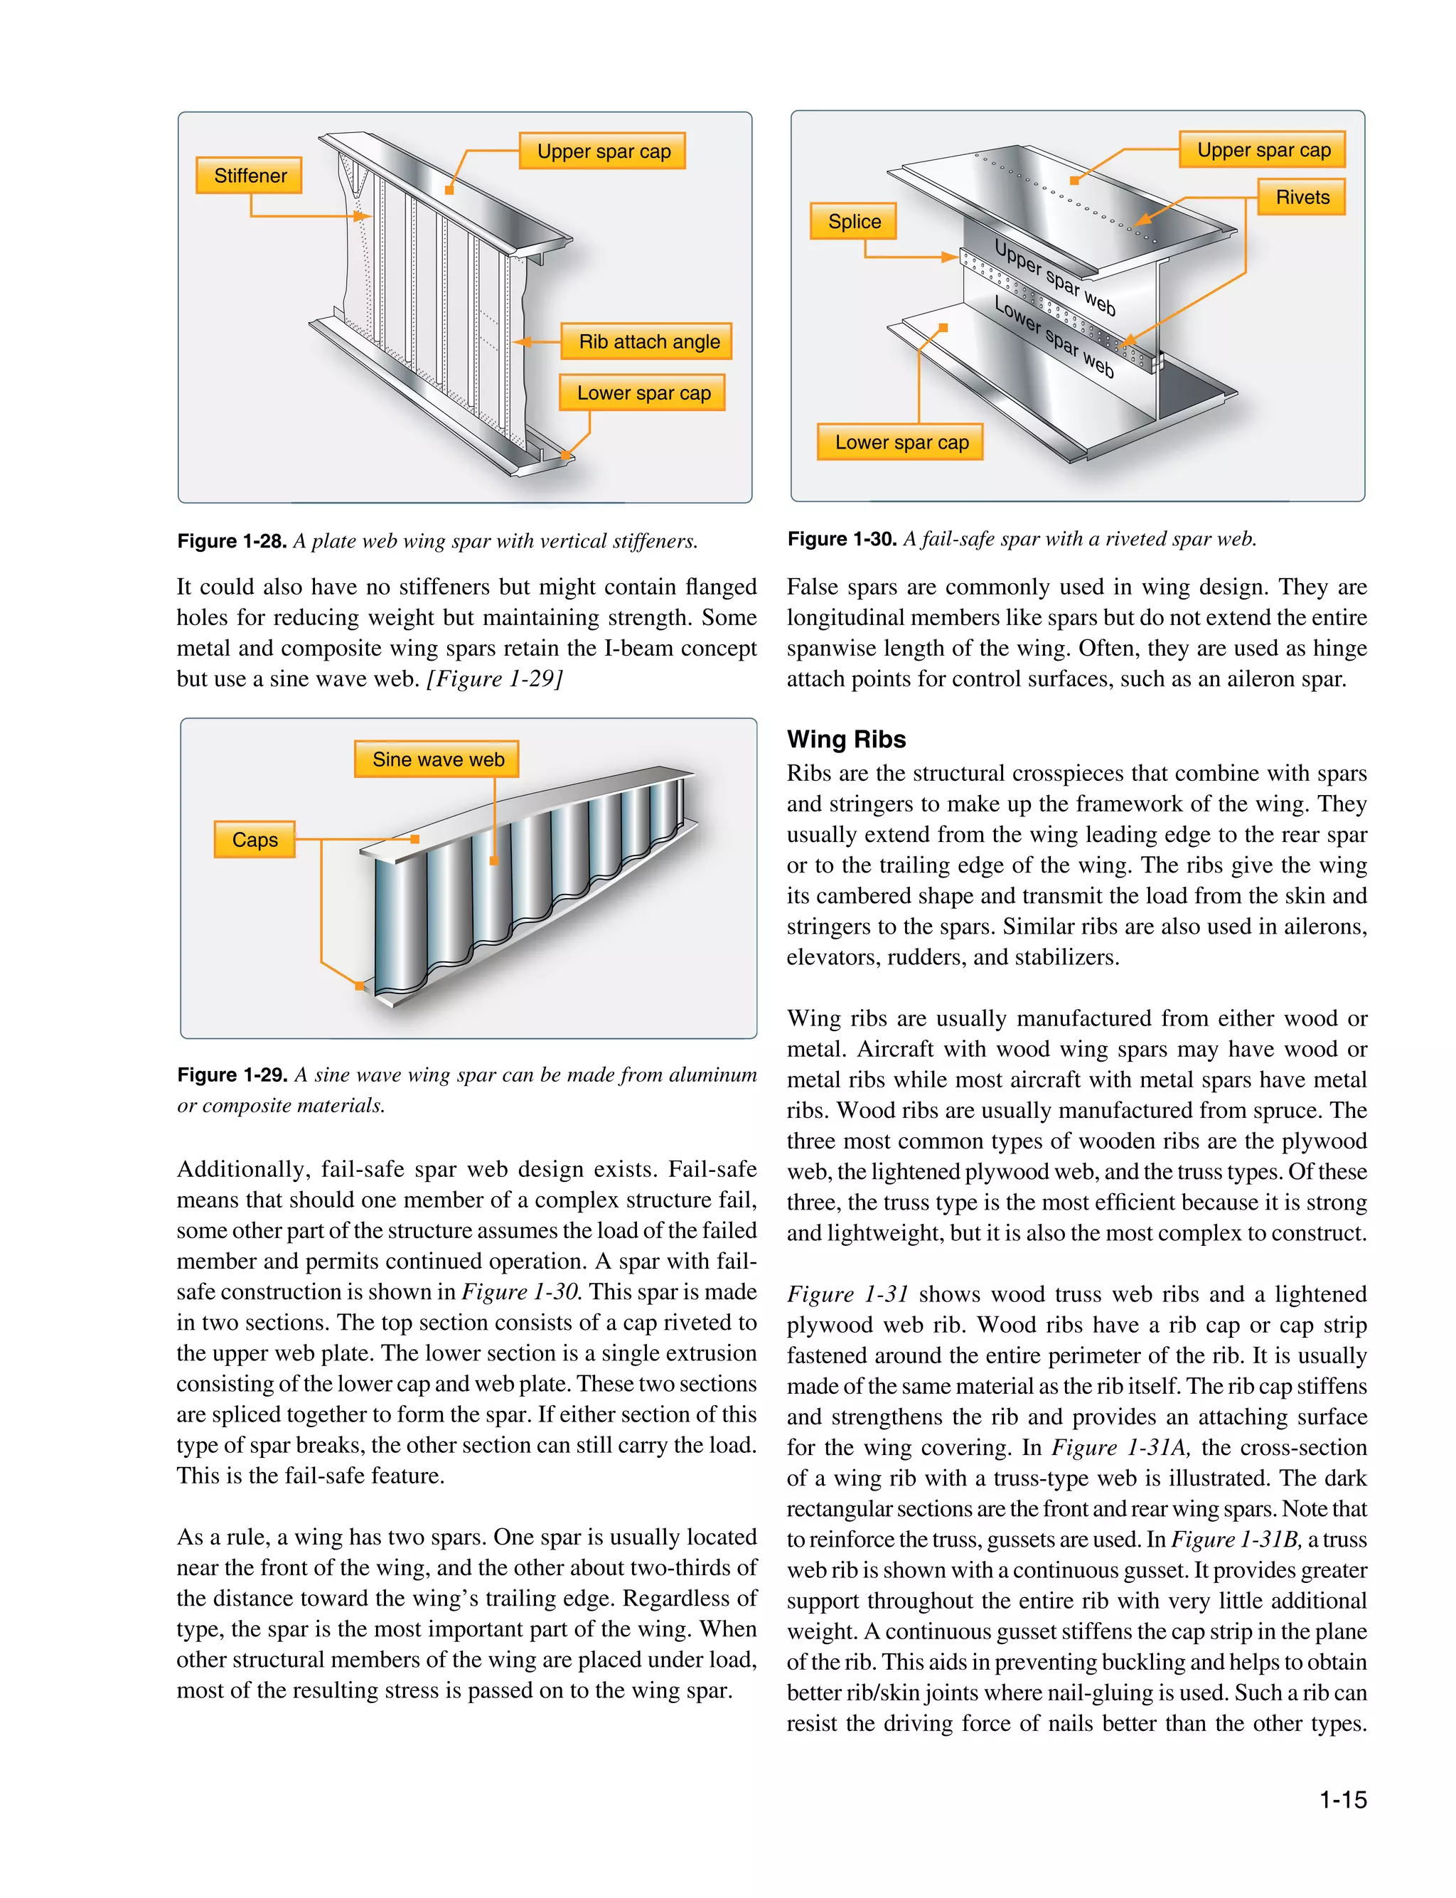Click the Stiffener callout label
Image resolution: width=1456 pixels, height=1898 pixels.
pos(249,176)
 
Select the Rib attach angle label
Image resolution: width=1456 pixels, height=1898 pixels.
pos(648,341)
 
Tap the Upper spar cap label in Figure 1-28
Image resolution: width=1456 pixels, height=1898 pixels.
pos(603,151)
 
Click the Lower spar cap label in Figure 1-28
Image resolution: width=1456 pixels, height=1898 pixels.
pos(643,393)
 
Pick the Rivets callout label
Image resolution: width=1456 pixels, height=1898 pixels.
pos(1302,198)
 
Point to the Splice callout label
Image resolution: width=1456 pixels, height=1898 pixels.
pos(854,222)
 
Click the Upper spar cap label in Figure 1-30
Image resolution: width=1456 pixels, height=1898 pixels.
pos(1263,151)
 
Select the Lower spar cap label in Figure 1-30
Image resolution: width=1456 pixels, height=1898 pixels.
pos(901,443)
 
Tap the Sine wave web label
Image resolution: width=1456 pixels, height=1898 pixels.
pos(438,760)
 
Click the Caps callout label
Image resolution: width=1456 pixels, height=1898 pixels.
pos(255,841)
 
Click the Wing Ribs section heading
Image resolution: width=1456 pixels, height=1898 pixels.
pos(846,740)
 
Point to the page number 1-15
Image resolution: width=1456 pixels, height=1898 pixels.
pos(1342,1800)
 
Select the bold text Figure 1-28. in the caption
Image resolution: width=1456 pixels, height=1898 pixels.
pos(231,542)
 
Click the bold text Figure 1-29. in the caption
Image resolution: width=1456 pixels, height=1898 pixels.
pos(231,1075)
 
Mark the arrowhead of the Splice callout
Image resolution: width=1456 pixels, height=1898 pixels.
pos(952,257)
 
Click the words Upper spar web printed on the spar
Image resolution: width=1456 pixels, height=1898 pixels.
pos(1055,277)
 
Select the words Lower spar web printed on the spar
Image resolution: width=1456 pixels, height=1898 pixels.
pos(1054,337)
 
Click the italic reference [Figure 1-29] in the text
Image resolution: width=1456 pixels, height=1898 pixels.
pos(495,678)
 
